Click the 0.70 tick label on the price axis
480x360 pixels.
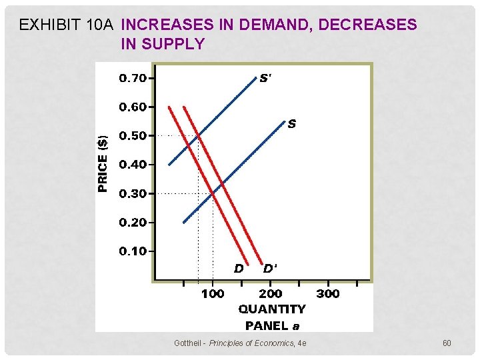(x=133, y=78)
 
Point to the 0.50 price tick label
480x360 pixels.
(x=133, y=136)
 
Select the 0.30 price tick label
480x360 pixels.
(x=133, y=194)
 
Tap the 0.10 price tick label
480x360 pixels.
(x=133, y=251)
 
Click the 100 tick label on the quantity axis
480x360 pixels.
(x=213, y=293)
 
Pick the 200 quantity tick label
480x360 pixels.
(x=270, y=293)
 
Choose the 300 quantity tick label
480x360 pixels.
(x=327, y=293)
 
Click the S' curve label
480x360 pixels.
(x=265, y=78)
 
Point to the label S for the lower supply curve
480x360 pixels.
(x=292, y=123)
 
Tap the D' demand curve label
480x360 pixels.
(x=270, y=269)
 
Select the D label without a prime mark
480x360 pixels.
(x=238, y=269)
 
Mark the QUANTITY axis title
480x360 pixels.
(x=272, y=309)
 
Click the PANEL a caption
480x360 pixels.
(x=272, y=325)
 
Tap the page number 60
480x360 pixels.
(x=447, y=343)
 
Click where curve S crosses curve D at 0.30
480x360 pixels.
(x=213, y=193)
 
